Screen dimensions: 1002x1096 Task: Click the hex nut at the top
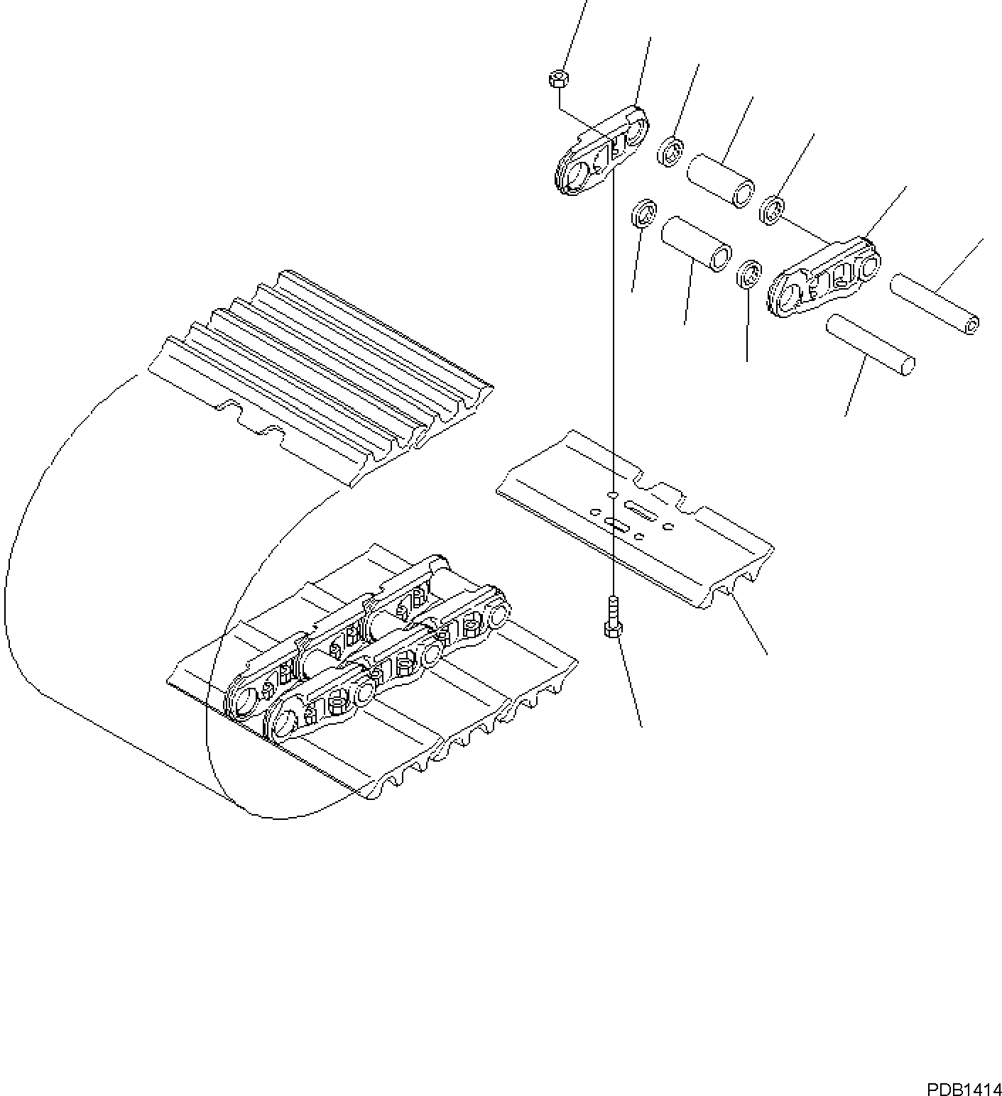pyautogui.click(x=557, y=78)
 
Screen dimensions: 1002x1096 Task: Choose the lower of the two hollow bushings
pyautogui.click(x=697, y=243)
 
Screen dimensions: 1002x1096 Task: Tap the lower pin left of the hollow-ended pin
pyautogui.click(x=870, y=344)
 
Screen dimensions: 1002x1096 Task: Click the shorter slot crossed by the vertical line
pyautogui.click(x=615, y=525)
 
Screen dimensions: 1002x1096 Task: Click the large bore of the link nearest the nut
pyautogui.click(x=576, y=174)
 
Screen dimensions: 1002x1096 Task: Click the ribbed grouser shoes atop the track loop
pyautogui.click(x=320, y=376)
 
